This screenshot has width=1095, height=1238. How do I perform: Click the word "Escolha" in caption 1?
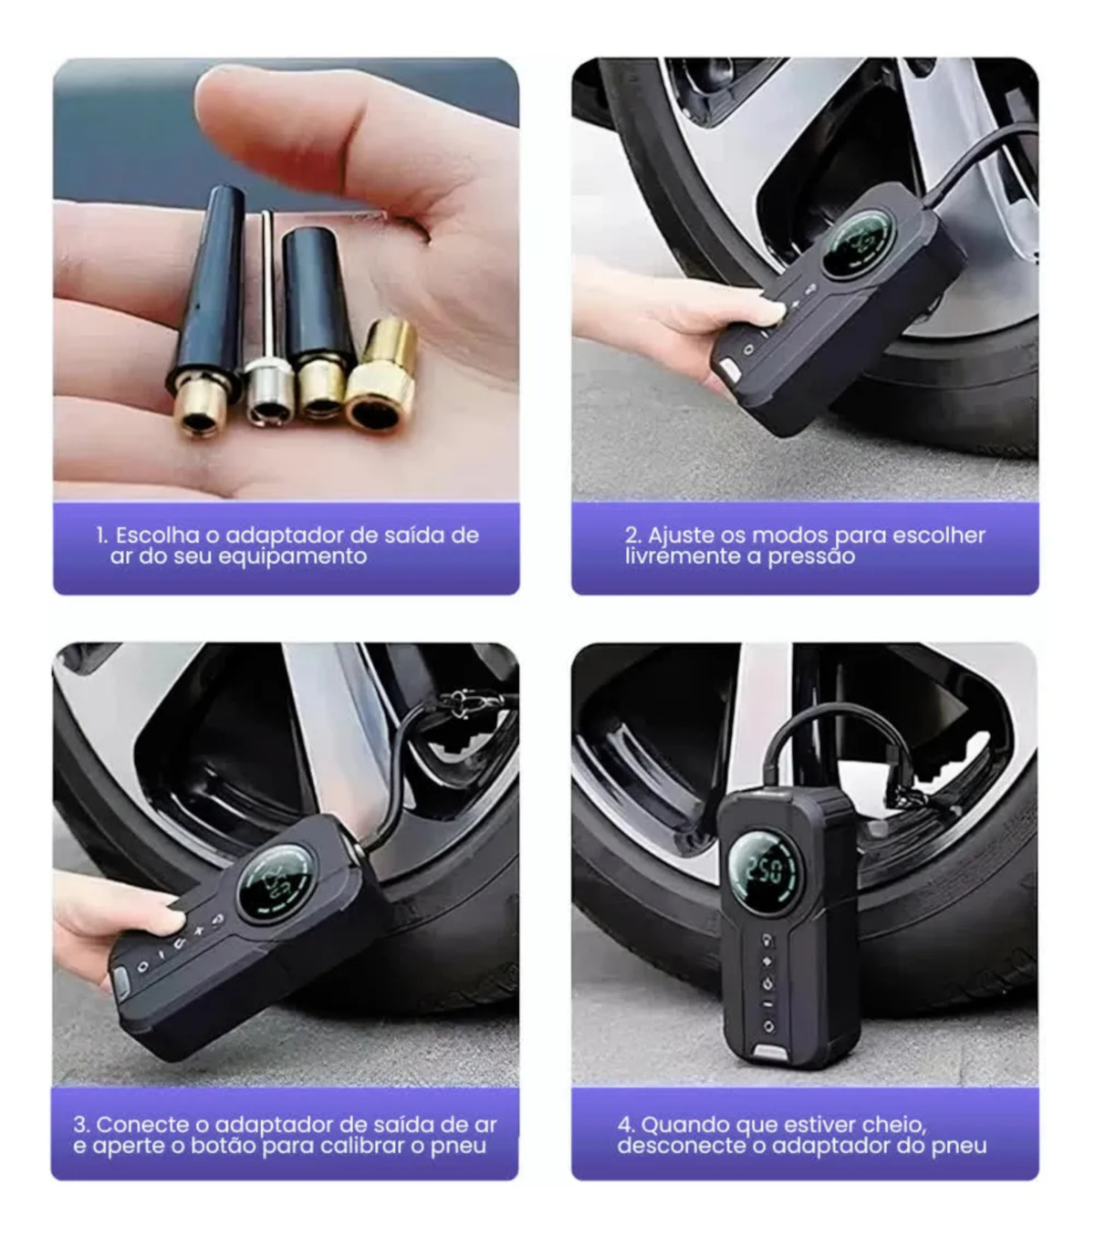pyautogui.click(x=158, y=536)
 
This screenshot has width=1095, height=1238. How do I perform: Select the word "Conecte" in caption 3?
pyautogui.click(x=142, y=1124)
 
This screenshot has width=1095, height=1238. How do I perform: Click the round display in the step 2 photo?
pyautogui.click(x=859, y=244)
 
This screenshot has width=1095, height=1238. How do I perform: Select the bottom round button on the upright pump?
pyautogui.click(x=768, y=1027)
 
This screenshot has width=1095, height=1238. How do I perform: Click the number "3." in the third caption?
pyautogui.click(x=82, y=1124)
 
